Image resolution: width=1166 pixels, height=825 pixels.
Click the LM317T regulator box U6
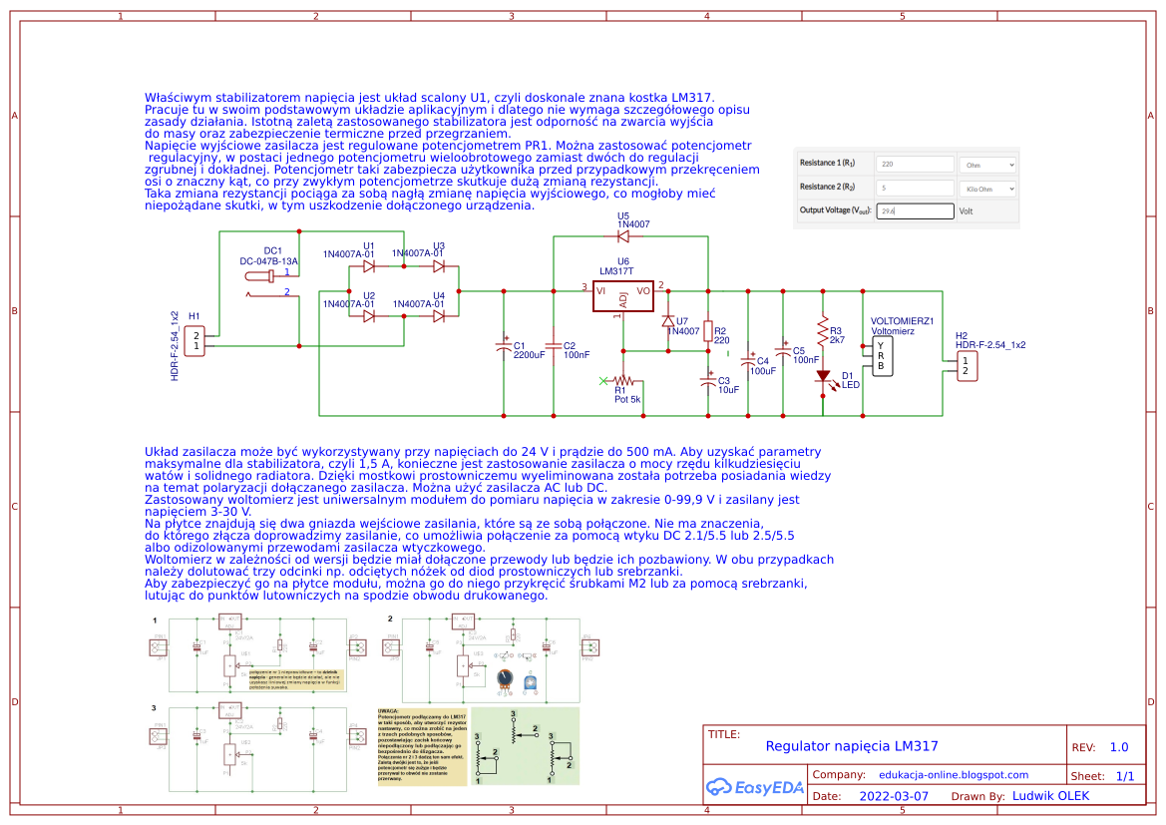click(x=622, y=296)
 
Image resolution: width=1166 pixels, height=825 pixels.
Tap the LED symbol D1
click(x=823, y=377)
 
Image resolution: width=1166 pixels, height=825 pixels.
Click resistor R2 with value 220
click(x=708, y=330)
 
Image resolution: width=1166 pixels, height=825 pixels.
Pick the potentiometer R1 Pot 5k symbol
click(x=624, y=380)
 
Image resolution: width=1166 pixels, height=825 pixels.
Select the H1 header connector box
click(x=196, y=340)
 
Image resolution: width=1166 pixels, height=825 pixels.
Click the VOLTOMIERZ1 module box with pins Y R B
click(x=881, y=355)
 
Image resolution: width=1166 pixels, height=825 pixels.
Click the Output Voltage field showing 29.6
click(x=915, y=211)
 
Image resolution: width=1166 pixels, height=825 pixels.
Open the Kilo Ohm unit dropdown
click(x=986, y=188)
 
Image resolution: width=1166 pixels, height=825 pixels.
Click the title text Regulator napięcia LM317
click(x=852, y=746)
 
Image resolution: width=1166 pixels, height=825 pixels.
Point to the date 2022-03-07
click(x=893, y=797)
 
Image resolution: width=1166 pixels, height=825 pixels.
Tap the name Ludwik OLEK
click(x=1050, y=796)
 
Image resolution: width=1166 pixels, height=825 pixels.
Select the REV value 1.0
click(x=1119, y=747)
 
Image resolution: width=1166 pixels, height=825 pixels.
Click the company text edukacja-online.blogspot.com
click(x=954, y=774)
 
